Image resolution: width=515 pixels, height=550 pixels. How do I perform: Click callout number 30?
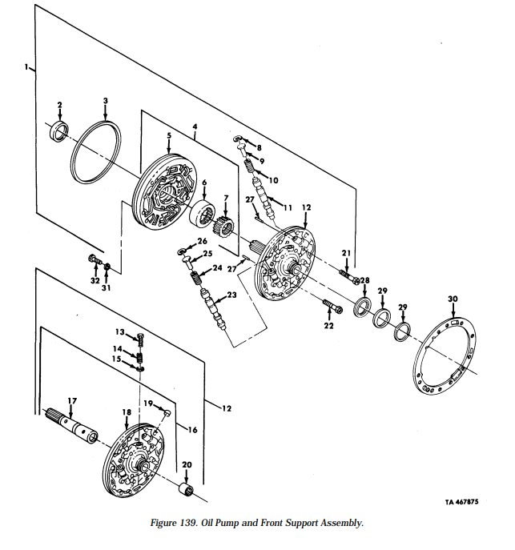[453, 299]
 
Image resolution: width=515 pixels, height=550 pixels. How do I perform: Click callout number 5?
[169, 137]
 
